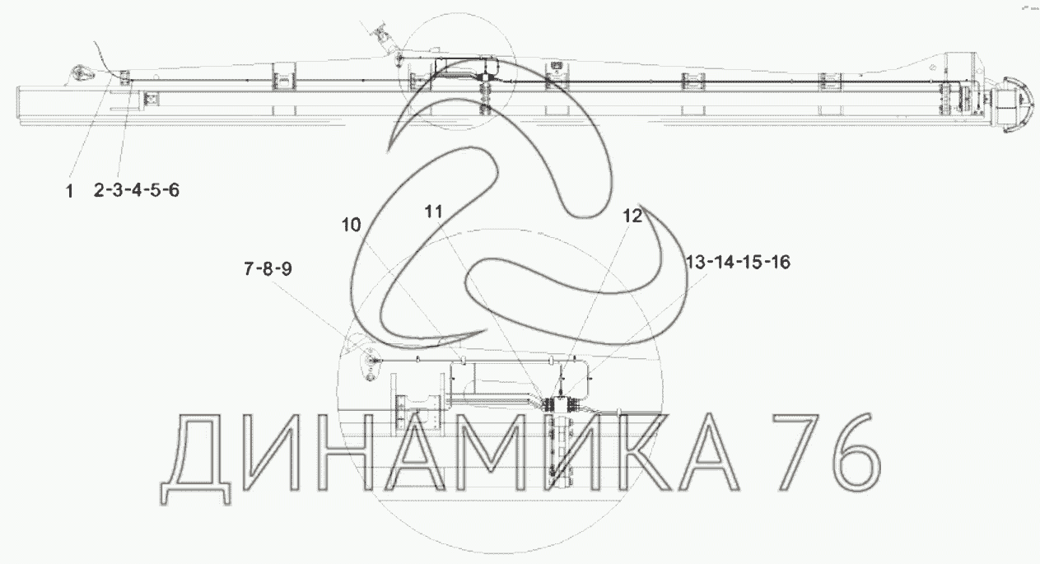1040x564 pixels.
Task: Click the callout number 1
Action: [x=70, y=191]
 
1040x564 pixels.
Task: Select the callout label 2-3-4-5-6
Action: [x=136, y=190]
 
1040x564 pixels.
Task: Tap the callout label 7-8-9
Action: [x=268, y=268]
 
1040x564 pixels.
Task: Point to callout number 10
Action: [x=351, y=225]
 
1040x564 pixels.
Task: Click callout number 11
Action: [x=434, y=212]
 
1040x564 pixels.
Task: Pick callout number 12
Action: [x=632, y=216]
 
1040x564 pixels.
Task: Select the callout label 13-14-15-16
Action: [x=738, y=263]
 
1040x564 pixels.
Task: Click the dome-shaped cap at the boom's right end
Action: [x=1017, y=105]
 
